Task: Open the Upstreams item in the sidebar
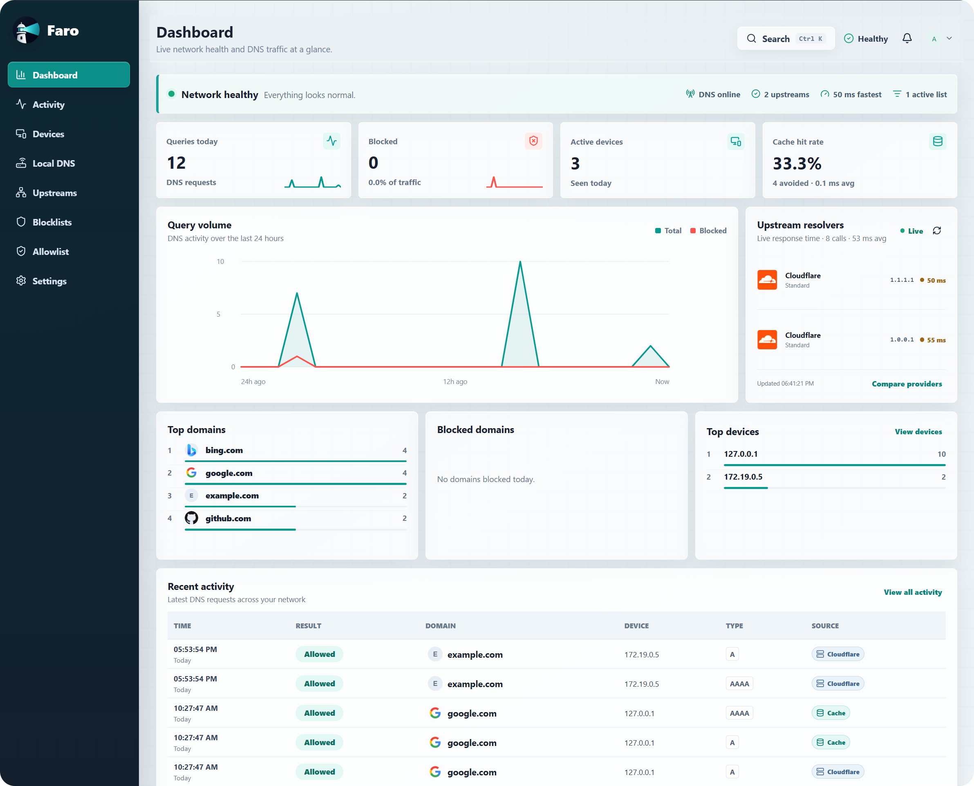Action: [x=54, y=193]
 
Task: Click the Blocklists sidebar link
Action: [x=51, y=222]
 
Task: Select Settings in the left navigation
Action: [x=49, y=281]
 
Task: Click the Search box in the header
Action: [x=786, y=38]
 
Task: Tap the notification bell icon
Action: [x=907, y=38]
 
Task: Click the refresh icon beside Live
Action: [x=937, y=231]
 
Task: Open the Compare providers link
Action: [x=907, y=384]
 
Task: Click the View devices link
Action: [x=918, y=432]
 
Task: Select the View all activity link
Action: [x=912, y=592]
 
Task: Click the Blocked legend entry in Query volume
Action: [x=708, y=231]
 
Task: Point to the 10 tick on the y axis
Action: [x=220, y=262]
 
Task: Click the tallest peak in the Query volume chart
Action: [x=520, y=262]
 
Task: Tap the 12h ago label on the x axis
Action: [x=455, y=382]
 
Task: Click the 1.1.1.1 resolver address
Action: [x=902, y=280]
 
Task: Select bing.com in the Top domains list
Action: [x=224, y=451]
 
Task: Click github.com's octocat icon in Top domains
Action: [x=192, y=518]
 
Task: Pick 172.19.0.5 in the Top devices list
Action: [x=743, y=477]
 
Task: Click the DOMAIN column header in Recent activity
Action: [x=440, y=626]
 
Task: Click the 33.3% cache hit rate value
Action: [x=797, y=163]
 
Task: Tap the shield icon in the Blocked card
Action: [x=533, y=141]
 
